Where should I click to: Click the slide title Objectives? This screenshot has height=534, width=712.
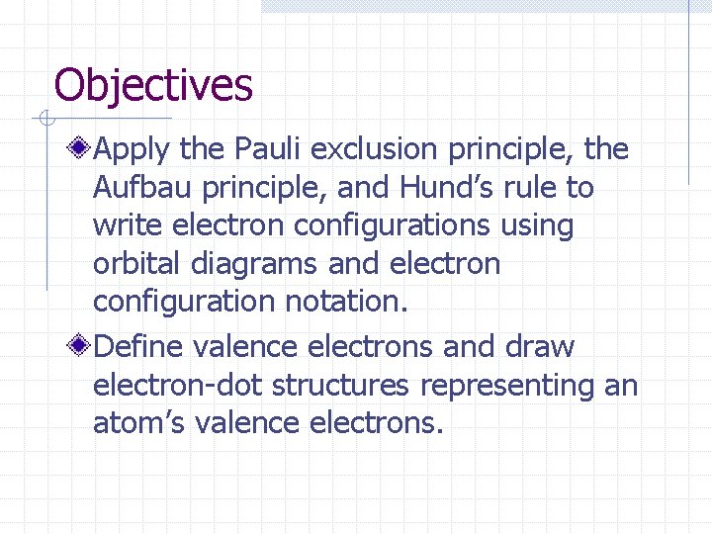[153, 86]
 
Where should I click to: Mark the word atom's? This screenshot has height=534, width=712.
[139, 423]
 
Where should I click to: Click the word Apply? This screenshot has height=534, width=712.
[133, 150]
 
